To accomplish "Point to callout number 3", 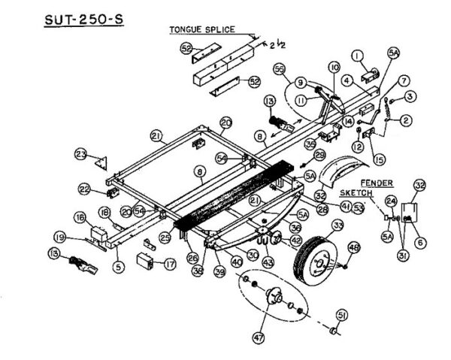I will [x=410, y=96].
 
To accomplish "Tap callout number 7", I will [x=404, y=80].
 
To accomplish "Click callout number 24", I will [x=391, y=201].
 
